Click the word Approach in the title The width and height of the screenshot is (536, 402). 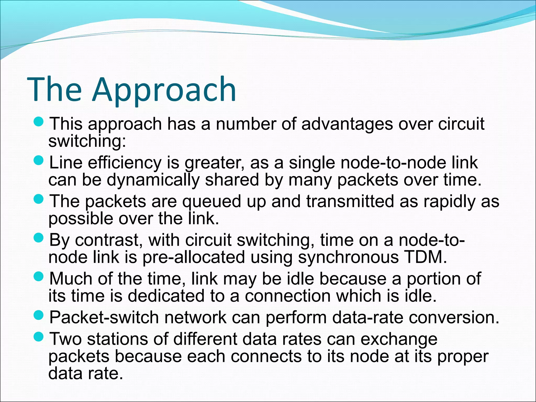(x=164, y=90)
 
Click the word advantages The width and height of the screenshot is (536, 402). (x=347, y=124)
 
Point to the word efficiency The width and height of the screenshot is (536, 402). (x=125, y=163)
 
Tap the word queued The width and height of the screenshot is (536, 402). (x=211, y=202)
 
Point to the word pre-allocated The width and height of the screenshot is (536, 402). (x=194, y=258)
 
